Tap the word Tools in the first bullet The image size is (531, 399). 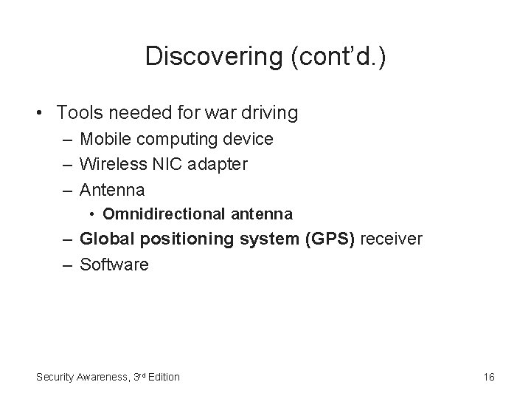coord(78,113)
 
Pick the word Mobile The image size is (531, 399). coord(103,139)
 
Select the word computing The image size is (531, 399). coord(167,139)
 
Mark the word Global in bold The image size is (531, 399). coord(103,239)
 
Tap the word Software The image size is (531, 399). coord(114,265)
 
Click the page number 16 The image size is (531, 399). coord(489,377)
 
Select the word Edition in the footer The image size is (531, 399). coord(162,377)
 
